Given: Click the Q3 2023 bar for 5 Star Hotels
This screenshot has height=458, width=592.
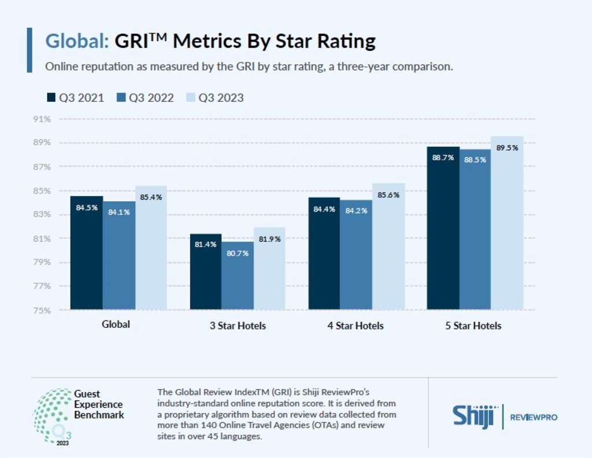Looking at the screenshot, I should (507, 231).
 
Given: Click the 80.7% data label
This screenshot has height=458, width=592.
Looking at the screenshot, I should (238, 253).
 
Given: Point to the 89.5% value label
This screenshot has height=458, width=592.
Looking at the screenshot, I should (507, 147).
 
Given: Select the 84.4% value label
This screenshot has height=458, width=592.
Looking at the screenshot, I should (324, 209).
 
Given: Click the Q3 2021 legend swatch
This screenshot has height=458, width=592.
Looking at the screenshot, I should (51, 98).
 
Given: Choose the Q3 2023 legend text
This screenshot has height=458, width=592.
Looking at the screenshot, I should (221, 98).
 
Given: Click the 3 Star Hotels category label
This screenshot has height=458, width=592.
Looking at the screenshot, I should (238, 326).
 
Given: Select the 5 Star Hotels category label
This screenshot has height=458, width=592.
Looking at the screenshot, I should (473, 326).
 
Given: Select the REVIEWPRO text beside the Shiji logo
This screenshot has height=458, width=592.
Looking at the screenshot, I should (534, 417).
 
